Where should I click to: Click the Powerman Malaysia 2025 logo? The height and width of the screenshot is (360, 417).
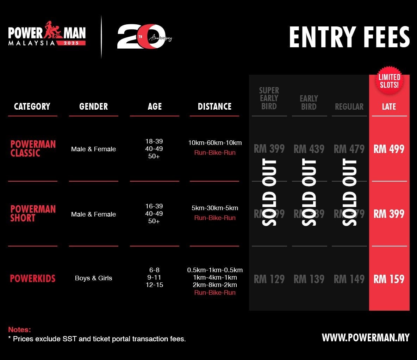tap(47, 34)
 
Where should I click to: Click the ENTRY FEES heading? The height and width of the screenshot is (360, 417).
tap(349, 37)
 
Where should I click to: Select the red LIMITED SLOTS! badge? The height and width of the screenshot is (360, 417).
tap(389, 81)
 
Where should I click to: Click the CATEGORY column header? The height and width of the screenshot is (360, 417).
tap(32, 106)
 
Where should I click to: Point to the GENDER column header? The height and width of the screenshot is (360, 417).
tap(93, 106)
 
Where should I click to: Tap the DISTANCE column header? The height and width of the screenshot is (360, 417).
tap(214, 106)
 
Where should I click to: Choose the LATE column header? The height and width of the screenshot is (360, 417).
tap(389, 106)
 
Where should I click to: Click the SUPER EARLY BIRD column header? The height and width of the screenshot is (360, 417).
tap(269, 98)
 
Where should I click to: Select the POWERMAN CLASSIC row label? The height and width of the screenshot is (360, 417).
tap(33, 148)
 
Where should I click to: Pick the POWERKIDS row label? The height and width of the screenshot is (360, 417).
tap(33, 279)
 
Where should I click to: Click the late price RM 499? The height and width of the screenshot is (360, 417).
tap(389, 149)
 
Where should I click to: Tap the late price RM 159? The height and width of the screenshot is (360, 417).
tap(389, 279)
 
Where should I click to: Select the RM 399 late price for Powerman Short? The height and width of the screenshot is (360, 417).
tap(389, 214)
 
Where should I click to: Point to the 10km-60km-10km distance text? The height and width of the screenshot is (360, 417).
tap(215, 143)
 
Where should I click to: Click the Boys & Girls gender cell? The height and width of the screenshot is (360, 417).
tap(93, 278)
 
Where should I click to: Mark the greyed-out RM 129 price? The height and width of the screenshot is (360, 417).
tap(269, 279)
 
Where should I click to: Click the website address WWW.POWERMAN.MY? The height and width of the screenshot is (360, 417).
tap(366, 337)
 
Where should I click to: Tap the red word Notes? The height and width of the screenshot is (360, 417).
tap(19, 330)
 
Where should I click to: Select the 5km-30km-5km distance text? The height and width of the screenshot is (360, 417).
tap(215, 208)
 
